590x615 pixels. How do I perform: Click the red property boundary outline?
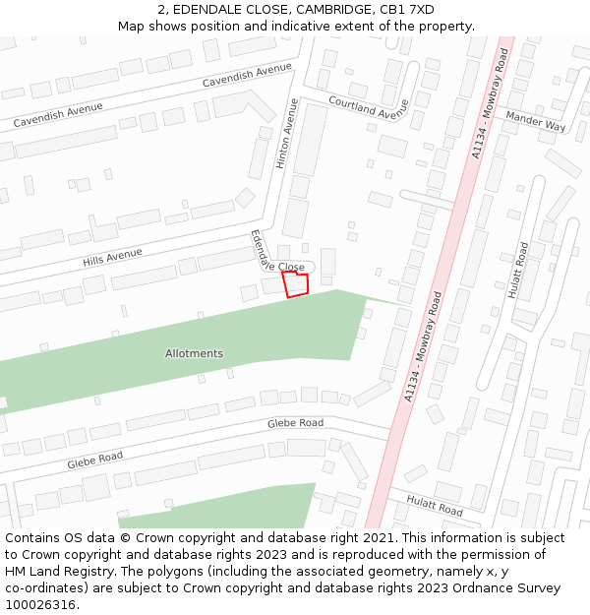tap(295, 283)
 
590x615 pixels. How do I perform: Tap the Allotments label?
tap(194, 353)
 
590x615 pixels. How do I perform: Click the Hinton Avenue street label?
tap(287, 133)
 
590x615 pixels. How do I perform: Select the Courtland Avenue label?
tap(368, 108)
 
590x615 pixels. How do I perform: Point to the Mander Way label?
tap(535, 121)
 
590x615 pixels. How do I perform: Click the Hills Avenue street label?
tap(113, 257)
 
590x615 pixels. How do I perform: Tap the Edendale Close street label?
tap(275, 257)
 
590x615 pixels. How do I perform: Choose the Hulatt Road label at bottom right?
tap(435, 507)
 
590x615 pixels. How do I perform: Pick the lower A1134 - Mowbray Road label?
tap(424, 345)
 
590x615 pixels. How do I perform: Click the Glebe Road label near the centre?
tap(295, 423)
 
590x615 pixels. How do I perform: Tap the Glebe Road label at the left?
tap(95, 459)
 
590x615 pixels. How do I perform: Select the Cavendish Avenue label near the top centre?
tap(248, 75)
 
